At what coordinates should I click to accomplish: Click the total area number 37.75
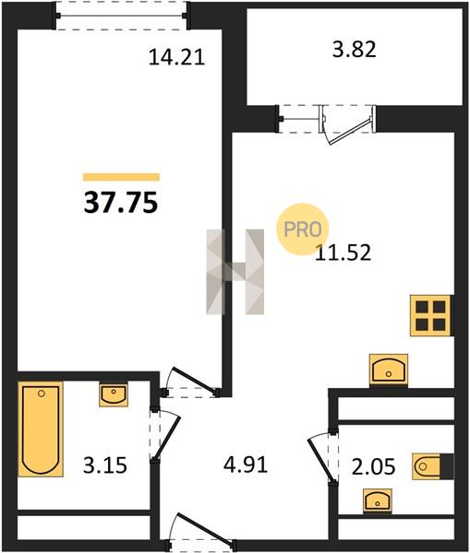coord(121,204)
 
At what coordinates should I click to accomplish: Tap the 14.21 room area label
coord(176,57)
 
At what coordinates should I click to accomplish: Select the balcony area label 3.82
coord(354,50)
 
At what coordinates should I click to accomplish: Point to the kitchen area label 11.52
coord(343,253)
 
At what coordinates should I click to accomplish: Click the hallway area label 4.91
coord(246,465)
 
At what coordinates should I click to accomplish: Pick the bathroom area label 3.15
coord(105,465)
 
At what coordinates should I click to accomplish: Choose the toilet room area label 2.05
coord(373,466)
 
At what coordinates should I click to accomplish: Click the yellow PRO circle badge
coord(303,229)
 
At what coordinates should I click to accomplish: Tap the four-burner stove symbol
coord(431,315)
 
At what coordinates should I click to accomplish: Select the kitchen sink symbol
coord(389,371)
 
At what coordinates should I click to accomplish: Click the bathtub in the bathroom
coord(41,429)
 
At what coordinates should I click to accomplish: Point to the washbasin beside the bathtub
coord(114,395)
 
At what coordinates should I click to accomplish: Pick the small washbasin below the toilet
coord(378,500)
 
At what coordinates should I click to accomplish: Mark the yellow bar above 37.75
coord(121,177)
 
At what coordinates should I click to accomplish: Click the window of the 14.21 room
coord(121,16)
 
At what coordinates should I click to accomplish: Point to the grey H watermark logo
coord(235,272)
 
